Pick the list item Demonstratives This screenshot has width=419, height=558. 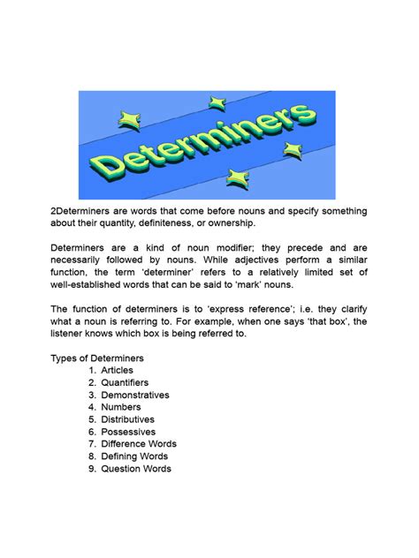point(134,395)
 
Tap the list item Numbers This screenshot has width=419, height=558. point(122,407)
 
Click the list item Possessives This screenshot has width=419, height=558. point(129,432)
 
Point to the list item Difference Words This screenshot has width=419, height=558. point(139,444)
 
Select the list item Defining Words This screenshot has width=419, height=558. point(134,456)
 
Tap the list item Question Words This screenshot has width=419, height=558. point(136,469)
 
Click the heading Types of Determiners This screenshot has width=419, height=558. point(96,358)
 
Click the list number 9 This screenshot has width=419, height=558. point(91,469)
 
